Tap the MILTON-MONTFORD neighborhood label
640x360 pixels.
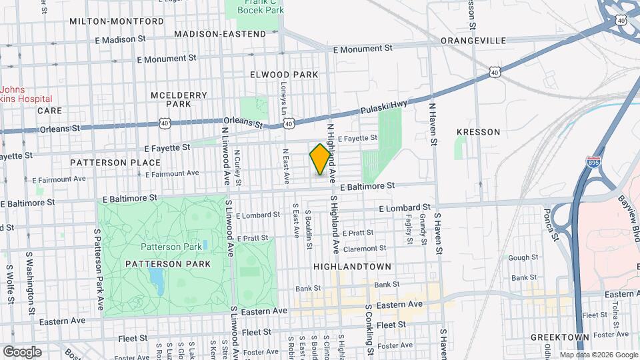pos(117,21)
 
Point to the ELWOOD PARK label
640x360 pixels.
pos(284,75)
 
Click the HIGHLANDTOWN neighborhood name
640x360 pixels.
pos(351,266)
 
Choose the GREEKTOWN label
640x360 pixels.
pos(559,338)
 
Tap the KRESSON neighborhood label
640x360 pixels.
pos(478,132)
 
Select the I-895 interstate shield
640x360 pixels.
pos(591,162)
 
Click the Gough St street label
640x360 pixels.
pos(523,257)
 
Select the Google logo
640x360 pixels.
pos(22,351)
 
